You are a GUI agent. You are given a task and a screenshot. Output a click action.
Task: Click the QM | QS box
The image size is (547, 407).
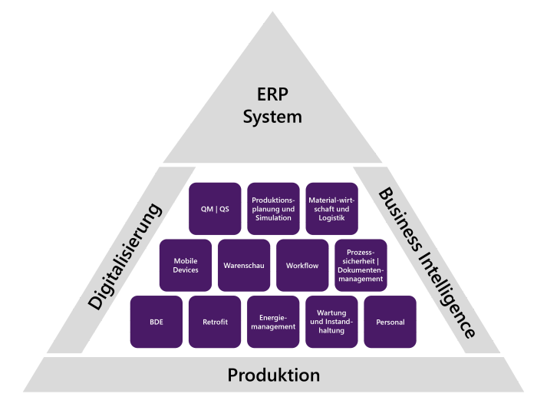click(x=215, y=209)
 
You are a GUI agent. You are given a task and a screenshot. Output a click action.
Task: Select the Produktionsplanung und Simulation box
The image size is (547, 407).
click(x=273, y=209)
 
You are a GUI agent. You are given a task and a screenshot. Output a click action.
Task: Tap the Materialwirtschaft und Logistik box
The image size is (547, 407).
click(x=331, y=209)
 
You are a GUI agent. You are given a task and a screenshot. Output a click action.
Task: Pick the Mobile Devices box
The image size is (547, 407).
click(x=186, y=266)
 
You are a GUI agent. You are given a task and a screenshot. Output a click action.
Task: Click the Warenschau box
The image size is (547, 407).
click(x=244, y=266)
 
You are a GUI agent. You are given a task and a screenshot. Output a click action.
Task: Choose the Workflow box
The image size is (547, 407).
click(x=302, y=266)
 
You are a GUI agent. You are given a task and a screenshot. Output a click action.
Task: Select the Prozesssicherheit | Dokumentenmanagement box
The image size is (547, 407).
click(x=361, y=266)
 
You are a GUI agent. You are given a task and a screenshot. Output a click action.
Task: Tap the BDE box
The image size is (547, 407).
click(x=157, y=322)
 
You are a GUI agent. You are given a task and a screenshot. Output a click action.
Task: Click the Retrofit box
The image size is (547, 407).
click(x=215, y=322)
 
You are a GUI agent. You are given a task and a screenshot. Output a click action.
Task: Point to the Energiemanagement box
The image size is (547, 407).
click(x=273, y=322)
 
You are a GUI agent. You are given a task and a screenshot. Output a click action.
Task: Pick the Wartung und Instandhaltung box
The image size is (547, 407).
click(x=331, y=322)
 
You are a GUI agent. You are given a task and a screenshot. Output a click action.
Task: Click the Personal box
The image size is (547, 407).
click(x=390, y=322)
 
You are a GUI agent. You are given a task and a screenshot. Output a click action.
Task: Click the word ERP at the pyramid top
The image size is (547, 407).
click(x=272, y=95)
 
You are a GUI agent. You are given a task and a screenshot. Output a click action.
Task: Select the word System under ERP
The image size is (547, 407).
click(x=272, y=117)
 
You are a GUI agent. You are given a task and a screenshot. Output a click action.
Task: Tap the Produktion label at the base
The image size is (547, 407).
click(x=273, y=376)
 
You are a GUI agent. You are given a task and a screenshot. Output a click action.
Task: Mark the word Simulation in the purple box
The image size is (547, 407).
click(x=273, y=218)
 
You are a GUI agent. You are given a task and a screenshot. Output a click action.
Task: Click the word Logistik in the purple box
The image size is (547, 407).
click(x=331, y=218)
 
